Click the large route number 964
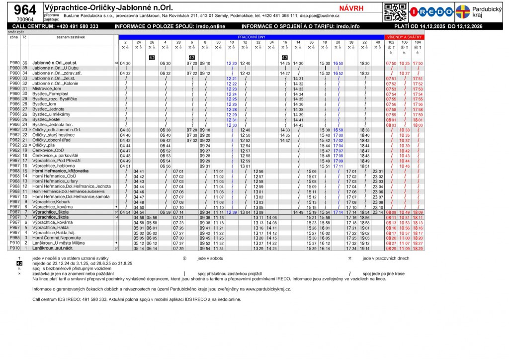pos(24,10)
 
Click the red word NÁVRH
pos(351,8)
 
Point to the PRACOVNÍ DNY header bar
pos(252,37)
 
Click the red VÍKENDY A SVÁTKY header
pos(404,37)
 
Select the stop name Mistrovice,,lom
pos(47,89)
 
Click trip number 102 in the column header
pos(391,43)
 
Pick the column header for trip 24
pos(139,43)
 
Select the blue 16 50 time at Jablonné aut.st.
pos(338,64)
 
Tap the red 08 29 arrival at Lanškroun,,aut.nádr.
pos(391,248)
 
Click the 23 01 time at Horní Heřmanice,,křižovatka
pos(378,171)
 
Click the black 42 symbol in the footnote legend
pos(19,263)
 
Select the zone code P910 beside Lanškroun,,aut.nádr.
pos(14,248)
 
